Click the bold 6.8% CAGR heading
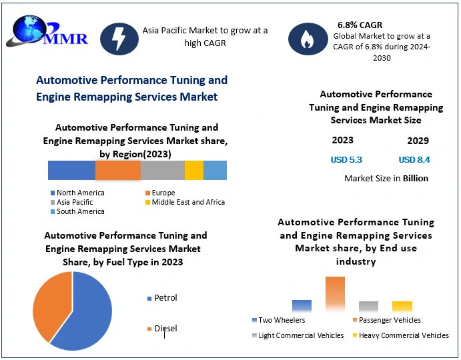pyautogui.click(x=360, y=25)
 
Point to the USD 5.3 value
pyautogui.click(x=346, y=159)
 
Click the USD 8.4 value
pyautogui.click(x=414, y=159)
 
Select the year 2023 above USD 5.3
pyautogui.click(x=343, y=140)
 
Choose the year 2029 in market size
pyautogui.click(x=418, y=141)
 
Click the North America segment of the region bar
pyautogui.click(x=71, y=171)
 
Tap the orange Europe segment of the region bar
pyautogui.click(x=118, y=171)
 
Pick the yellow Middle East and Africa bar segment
pyautogui.click(x=194, y=171)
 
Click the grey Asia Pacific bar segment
pyautogui.click(x=163, y=171)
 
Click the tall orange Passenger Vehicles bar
pyautogui.click(x=335, y=294)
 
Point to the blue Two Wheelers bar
pyautogui.click(x=302, y=306)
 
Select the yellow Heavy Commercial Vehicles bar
pyautogui.click(x=402, y=307)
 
